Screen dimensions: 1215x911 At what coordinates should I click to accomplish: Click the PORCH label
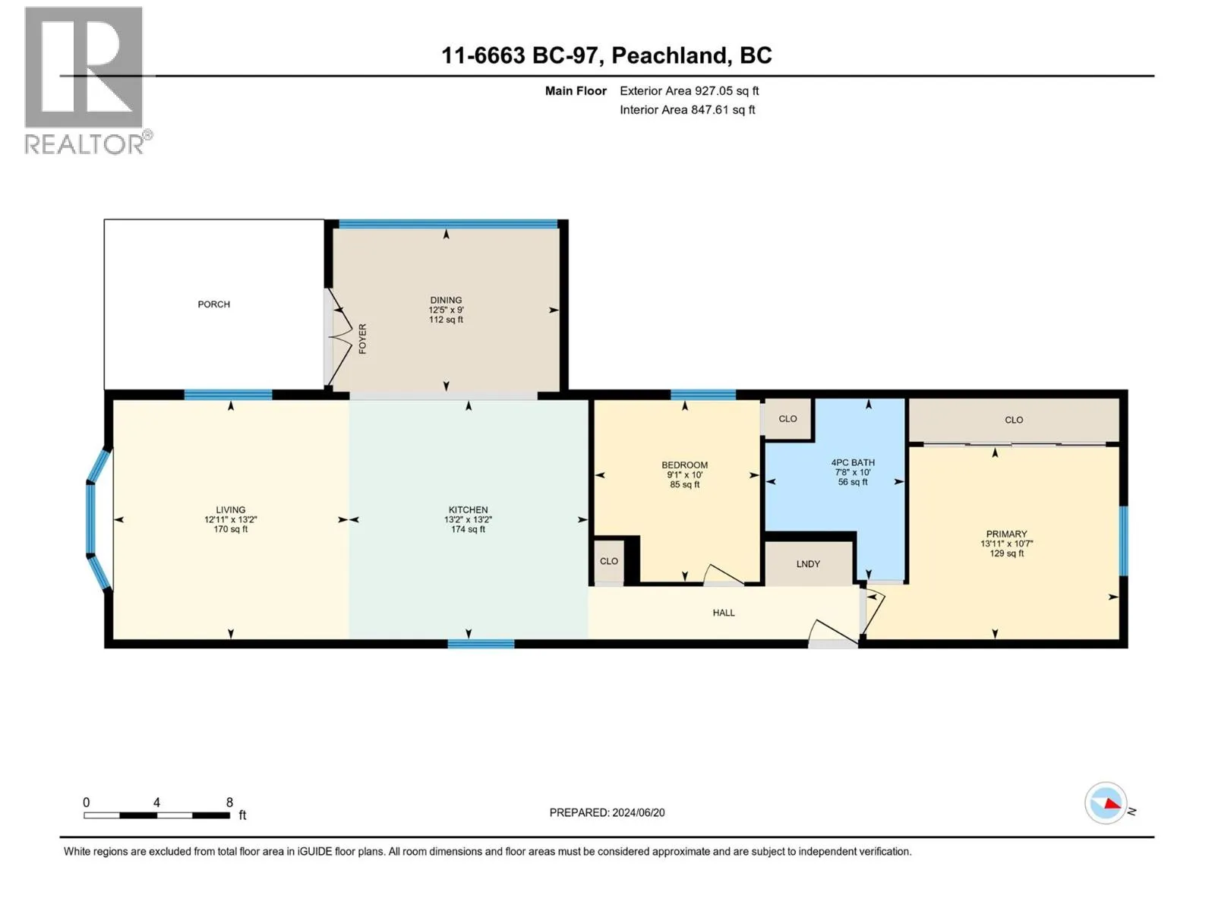click(213, 304)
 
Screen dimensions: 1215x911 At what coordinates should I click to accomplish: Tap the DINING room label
click(446, 301)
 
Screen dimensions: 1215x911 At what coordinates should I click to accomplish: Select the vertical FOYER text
click(362, 339)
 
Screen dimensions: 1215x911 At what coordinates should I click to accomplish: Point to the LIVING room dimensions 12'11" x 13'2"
click(230, 519)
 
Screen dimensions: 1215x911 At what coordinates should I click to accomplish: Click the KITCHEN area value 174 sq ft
click(468, 529)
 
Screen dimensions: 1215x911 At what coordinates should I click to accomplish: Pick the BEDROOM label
click(684, 465)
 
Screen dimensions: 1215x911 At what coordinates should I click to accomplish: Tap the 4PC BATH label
click(853, 462)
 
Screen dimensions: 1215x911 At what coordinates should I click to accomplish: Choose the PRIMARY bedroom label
click(1006, 534)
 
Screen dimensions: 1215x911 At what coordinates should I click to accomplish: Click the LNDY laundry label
click(808, 564)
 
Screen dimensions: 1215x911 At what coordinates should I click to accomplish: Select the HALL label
click(724, 613)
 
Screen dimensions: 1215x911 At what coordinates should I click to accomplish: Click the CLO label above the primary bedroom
click(1014, 420)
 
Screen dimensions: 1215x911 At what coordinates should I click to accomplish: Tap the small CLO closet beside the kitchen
click(608, 561)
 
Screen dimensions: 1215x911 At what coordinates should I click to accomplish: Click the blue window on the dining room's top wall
click(448, 224)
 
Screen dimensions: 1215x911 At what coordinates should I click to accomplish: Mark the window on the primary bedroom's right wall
click(1123, 541)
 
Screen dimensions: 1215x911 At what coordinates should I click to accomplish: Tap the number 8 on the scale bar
click(229, 802)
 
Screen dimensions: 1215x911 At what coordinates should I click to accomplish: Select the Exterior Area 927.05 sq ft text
click(690, 90)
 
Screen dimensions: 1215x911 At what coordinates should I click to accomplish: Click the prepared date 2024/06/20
click(638, 812)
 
